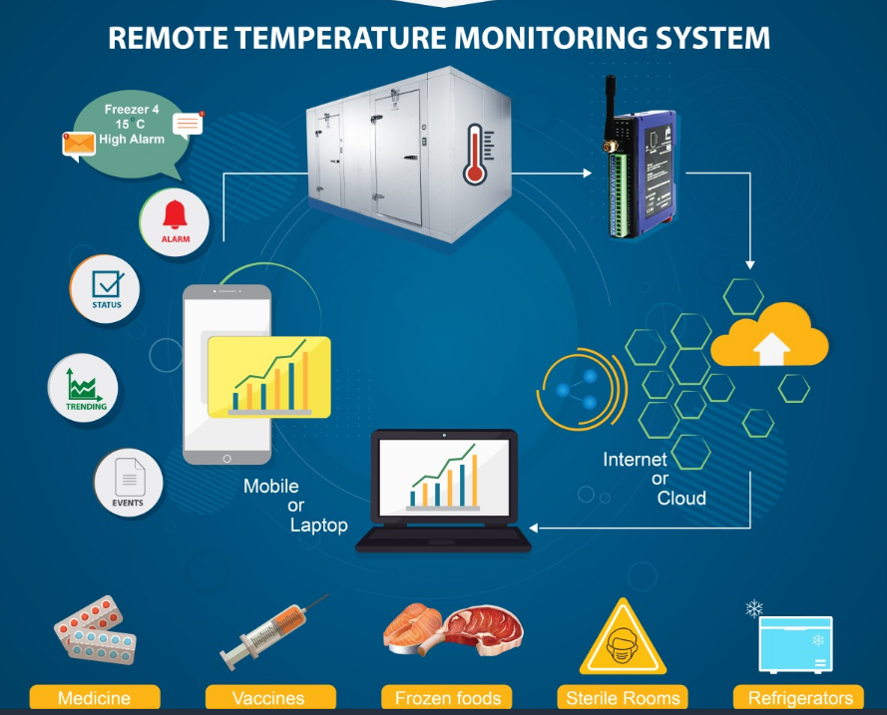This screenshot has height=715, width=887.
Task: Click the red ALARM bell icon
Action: pos(175,214)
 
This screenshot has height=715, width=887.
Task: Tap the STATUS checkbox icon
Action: pos(108,284)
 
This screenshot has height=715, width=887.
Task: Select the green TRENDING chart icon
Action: pos(84,385)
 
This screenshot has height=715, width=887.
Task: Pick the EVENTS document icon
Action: pos(130,477)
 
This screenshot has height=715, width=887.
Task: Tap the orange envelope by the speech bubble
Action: pos(79,145)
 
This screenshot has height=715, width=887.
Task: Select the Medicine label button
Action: pos(95,697)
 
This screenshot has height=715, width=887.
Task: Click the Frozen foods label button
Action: pos(447,697)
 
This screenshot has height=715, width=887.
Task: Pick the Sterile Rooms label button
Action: pos(623,697)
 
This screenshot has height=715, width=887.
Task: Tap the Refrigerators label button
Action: pos(799,697)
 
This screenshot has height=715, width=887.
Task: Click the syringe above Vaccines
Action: pos(274,632)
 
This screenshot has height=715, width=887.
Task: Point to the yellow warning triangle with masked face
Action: pos(623,637)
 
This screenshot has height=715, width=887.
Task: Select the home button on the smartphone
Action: pos(226,459)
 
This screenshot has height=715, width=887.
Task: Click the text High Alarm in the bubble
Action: pos(132,139)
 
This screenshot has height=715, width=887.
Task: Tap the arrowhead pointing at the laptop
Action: pos(534,528)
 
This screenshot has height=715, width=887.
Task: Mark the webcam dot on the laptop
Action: pos(444,435)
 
